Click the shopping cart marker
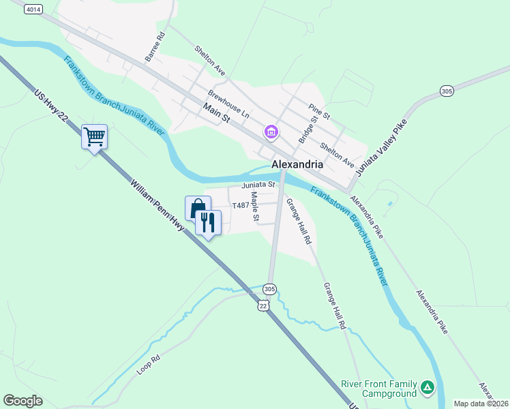click(94, 137)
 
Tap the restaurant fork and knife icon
click(208, 222)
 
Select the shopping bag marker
click(198, 208)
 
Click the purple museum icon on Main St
click(271, 131)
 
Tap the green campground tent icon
click(427, 388)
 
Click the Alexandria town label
click(297, 164)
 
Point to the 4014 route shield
click(32, 10)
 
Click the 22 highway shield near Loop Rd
click(264, 306)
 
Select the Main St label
click(217, 112)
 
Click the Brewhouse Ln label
click(229, 104)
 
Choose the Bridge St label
click(308, 130)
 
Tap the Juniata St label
click(258, 185)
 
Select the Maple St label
click(254, 206)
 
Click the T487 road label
click(240, 205)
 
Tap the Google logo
click(22, 401)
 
